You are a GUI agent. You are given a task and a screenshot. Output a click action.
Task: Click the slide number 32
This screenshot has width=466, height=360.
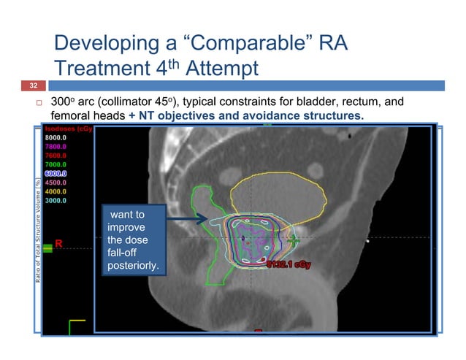32,85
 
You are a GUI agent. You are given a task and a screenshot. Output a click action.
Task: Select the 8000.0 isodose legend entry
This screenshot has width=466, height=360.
56,137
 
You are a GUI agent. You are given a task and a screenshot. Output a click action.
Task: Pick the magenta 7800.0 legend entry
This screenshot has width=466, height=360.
56,145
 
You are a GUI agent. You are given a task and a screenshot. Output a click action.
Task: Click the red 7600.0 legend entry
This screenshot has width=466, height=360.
56,155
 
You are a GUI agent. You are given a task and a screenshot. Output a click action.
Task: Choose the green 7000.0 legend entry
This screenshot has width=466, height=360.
56,164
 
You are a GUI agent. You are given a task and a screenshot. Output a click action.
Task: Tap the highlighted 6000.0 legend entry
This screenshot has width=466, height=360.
56,174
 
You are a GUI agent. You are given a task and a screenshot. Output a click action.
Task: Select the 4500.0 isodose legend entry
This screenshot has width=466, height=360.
56,183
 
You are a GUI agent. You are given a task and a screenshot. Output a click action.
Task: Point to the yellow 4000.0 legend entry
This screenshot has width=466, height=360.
56,191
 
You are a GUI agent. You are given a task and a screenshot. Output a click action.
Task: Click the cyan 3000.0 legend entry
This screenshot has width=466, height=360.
56,200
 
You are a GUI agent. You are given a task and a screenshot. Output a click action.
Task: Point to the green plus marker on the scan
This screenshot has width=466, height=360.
294,239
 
